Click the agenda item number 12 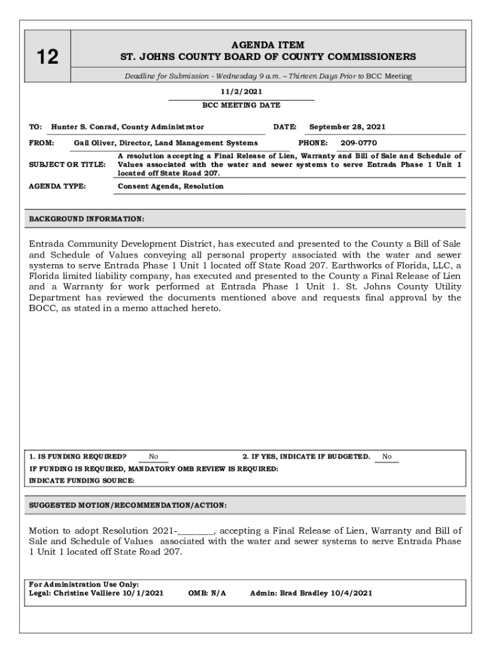(x=47, y=57)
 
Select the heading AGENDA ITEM (x=268, y=45)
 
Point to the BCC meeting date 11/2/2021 (x=241, y=92)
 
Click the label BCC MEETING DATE (x=241, y=105)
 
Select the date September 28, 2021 (x=347, y=127)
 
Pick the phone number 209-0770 (x=358, y=143)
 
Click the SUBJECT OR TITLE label (x=68, y=165)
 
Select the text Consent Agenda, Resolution (x=171, y=186)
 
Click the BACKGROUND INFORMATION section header (x=87, y=219)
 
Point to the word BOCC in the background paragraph (x=43, y=308)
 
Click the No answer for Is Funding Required (x=154, y=457)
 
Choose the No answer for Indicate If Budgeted (x=386, y=457)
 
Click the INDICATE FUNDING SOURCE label (x=82, y=481)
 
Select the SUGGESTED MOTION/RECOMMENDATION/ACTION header (x=128, y=506)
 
